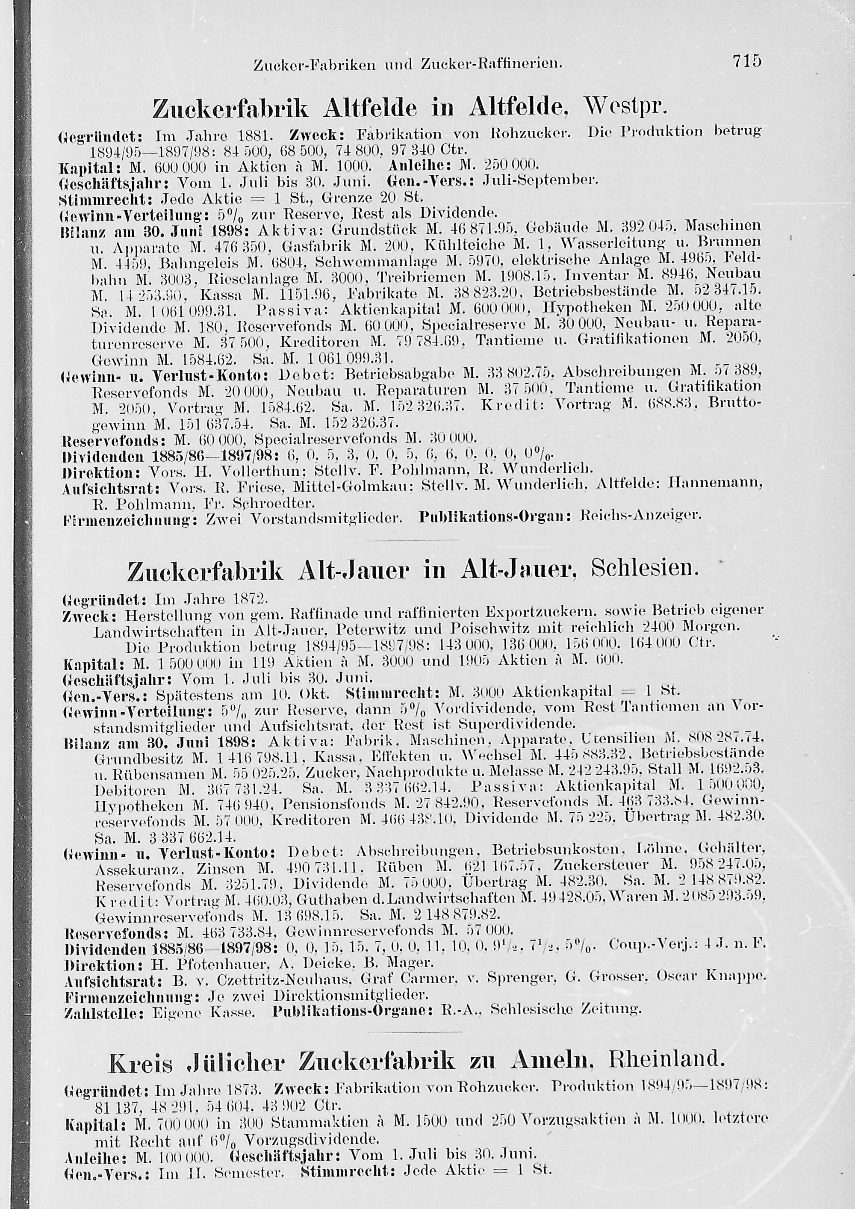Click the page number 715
click(746, 62)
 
